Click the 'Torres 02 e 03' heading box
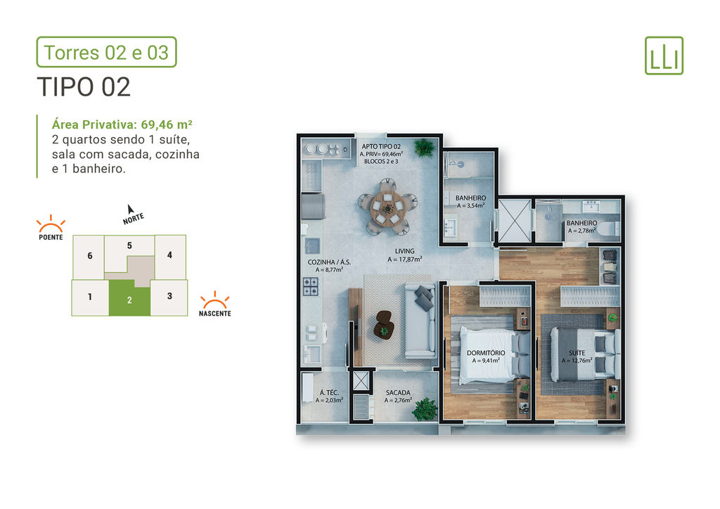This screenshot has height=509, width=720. click(107, 52)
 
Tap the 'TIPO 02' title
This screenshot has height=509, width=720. click(84, 87)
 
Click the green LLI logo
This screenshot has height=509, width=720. click(664, 56)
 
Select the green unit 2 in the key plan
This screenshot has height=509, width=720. click(129, 298)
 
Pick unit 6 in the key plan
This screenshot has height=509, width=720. click(89, 256)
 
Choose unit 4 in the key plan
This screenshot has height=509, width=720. click(170, 255)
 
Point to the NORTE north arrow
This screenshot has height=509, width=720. click(130, 210)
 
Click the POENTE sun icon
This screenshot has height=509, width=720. click(51, 224)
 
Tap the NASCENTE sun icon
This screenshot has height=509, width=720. click(214, 299)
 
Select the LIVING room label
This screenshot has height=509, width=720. click(404, 251)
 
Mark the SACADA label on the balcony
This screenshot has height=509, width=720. click(398, 393)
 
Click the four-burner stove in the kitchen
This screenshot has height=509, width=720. click(311, 286)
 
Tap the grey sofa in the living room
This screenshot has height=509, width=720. click(420, 321)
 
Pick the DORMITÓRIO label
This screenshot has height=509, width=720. click(486, 353)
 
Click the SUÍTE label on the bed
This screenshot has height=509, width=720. click(577, 353)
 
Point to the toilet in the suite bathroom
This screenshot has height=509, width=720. click(610, 228)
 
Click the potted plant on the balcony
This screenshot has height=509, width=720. click(425, 409)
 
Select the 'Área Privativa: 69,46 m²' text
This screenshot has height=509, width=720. click(122, 125)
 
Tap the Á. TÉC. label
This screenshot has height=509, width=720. click(329, 393)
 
